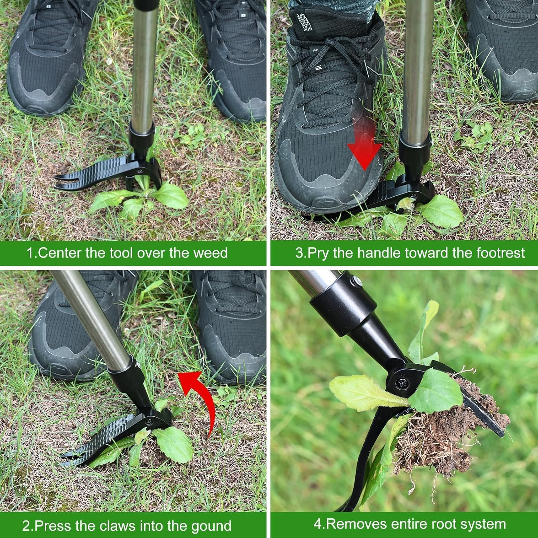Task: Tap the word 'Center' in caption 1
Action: [60, 253]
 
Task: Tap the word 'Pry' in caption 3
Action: [318, 253]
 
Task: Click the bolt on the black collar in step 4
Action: [356, 281]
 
